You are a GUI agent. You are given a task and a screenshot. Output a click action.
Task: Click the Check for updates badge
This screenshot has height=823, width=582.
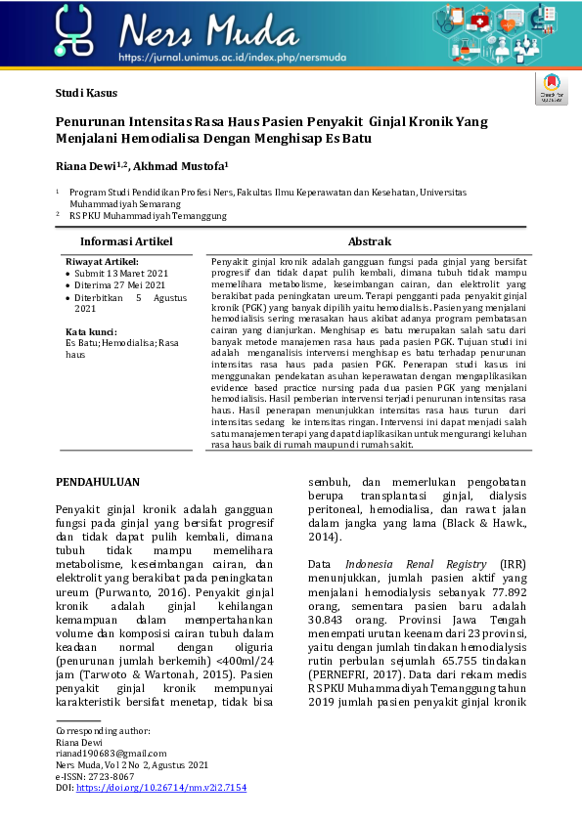click(550, 88)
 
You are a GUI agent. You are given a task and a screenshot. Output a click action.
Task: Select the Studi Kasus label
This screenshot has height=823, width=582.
click(86, 94)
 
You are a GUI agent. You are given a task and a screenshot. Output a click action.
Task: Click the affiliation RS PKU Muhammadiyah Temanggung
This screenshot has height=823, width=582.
click(148, 215)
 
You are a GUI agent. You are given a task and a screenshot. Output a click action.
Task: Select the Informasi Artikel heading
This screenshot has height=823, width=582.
click(126, 241)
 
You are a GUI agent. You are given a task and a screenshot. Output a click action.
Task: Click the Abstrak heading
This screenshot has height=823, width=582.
click(370, 241)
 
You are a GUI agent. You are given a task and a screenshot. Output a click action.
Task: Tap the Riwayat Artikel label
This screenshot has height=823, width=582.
click(102, 262)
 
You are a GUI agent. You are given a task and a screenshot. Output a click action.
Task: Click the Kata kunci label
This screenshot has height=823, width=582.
click(91, 331)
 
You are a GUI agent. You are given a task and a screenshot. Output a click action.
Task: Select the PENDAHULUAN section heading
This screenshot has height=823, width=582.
click(98, 482)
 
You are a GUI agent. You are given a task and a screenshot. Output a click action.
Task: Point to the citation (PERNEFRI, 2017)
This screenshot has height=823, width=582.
click(355, 673)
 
